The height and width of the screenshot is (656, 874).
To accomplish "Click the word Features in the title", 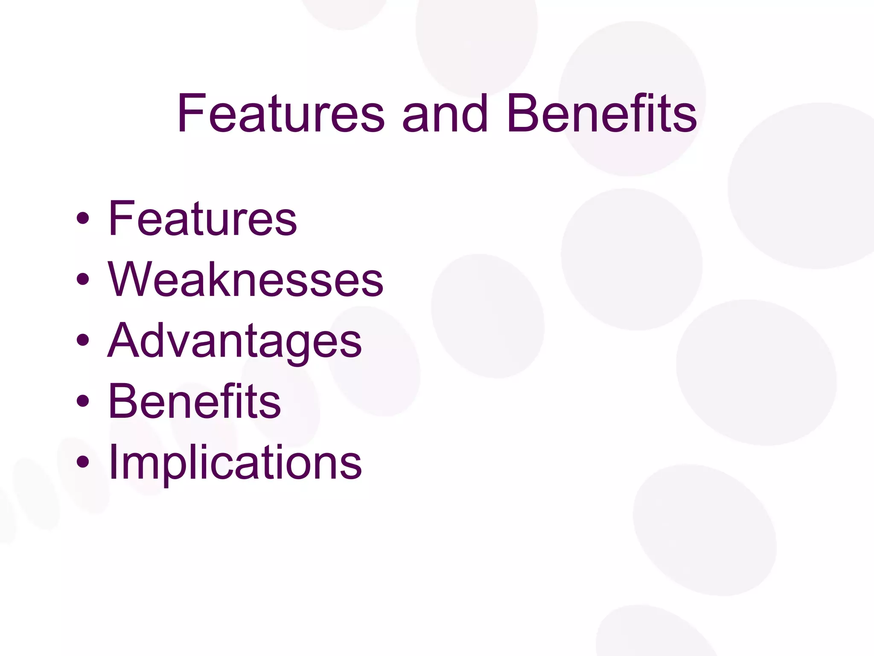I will pos(281,113).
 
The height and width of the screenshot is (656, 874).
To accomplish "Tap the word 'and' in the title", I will pos(445,113).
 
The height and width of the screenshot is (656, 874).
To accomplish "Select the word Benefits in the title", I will pos(602,113).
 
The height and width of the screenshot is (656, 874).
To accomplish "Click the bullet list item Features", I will pos(202,219).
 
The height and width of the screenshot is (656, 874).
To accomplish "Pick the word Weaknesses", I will pos(245,280).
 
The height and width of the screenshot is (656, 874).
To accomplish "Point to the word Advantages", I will pos(234,341).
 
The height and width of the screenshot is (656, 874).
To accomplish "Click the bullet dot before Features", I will pos(83,219).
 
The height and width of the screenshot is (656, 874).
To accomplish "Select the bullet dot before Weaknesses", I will pos(83,280).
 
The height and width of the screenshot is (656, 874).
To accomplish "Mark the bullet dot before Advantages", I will pos(83,341).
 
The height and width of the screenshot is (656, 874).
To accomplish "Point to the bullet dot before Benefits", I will pos(83,401).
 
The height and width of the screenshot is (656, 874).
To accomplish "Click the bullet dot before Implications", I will pos(83,462).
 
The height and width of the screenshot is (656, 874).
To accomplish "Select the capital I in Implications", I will pos(113,461).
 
